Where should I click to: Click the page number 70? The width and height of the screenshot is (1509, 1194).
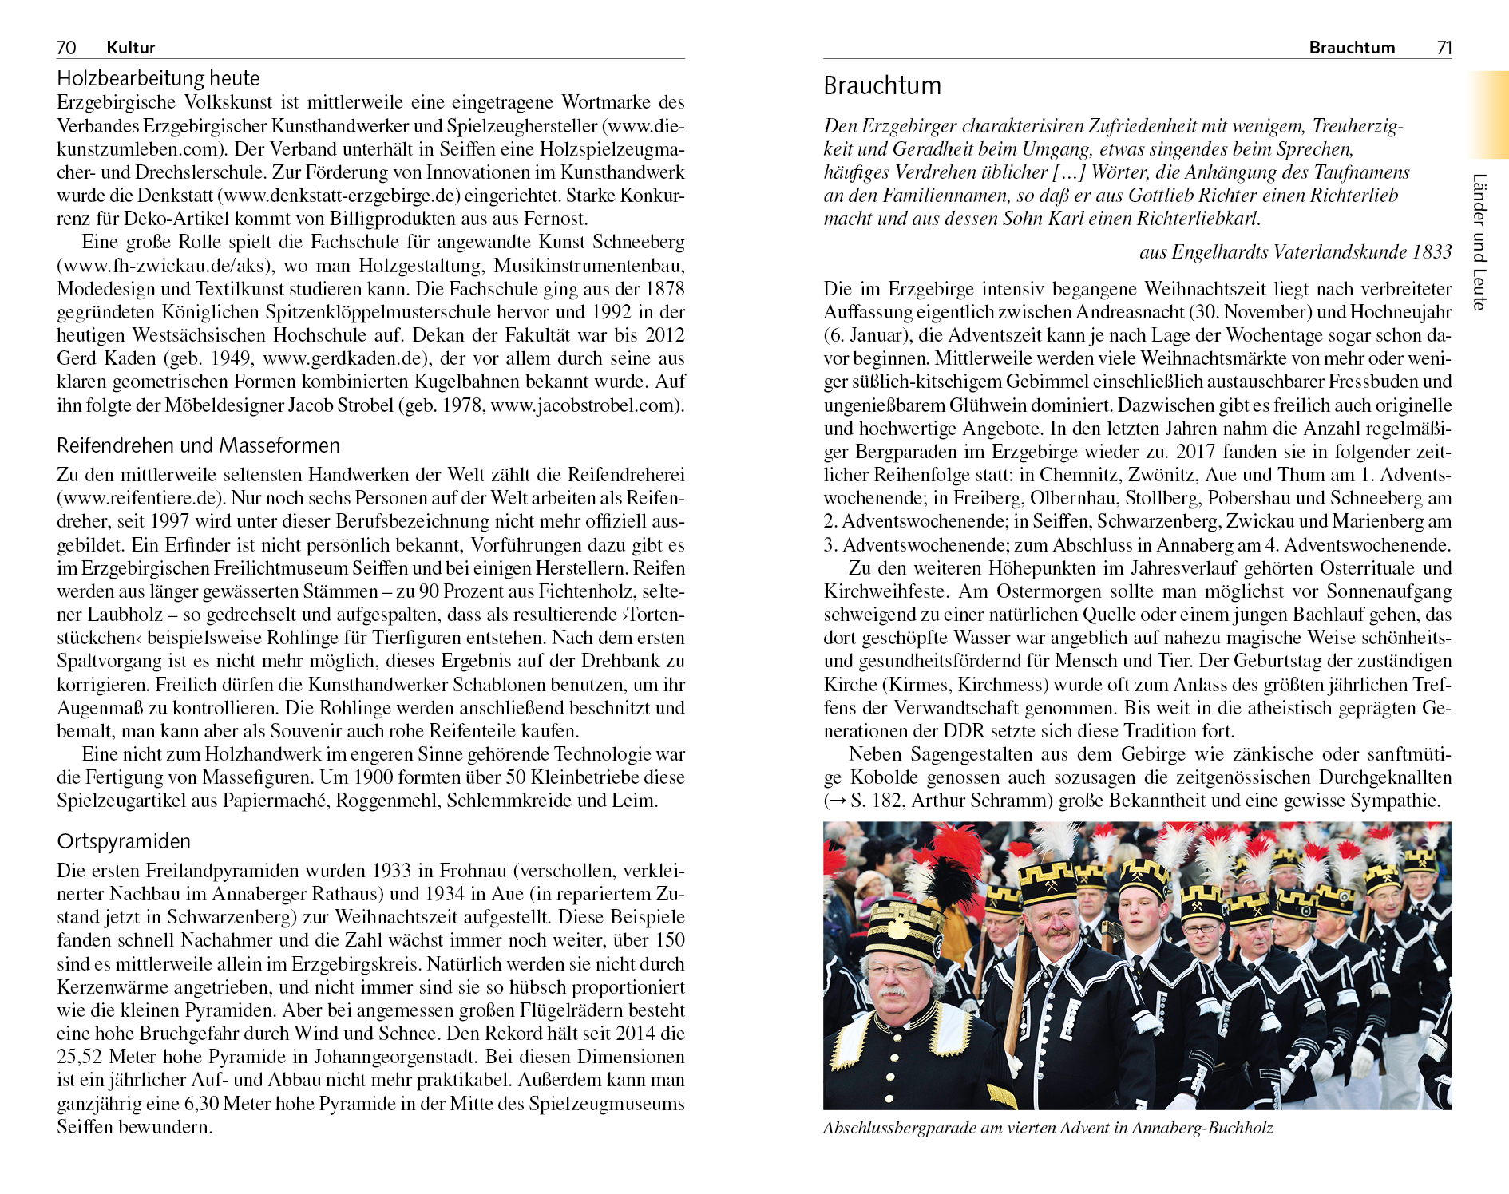point(66,48)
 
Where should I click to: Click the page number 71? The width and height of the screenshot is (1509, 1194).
point(1444,48)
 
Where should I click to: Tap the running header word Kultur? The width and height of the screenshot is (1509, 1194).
point(130,48)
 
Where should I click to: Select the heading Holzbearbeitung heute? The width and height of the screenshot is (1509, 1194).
point(158,78)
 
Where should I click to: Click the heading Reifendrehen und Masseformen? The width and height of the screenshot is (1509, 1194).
point(198,445)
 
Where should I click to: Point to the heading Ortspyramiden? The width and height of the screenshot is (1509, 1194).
point(124,841)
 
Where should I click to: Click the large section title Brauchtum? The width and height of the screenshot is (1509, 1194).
point(882,86)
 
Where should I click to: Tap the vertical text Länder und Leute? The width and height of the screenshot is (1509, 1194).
point(1479,242)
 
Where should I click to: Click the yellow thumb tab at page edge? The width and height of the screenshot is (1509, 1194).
point(1488,115)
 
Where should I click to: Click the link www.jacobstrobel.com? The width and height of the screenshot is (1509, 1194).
point(585,405)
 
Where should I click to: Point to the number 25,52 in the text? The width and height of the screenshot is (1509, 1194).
point(80,1058)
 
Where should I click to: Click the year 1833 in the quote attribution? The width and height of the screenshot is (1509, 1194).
point(1432,252)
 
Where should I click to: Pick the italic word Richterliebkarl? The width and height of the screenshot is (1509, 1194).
point(1198,219)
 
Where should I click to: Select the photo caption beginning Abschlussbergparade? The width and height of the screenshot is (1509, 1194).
point(1048,1129)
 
